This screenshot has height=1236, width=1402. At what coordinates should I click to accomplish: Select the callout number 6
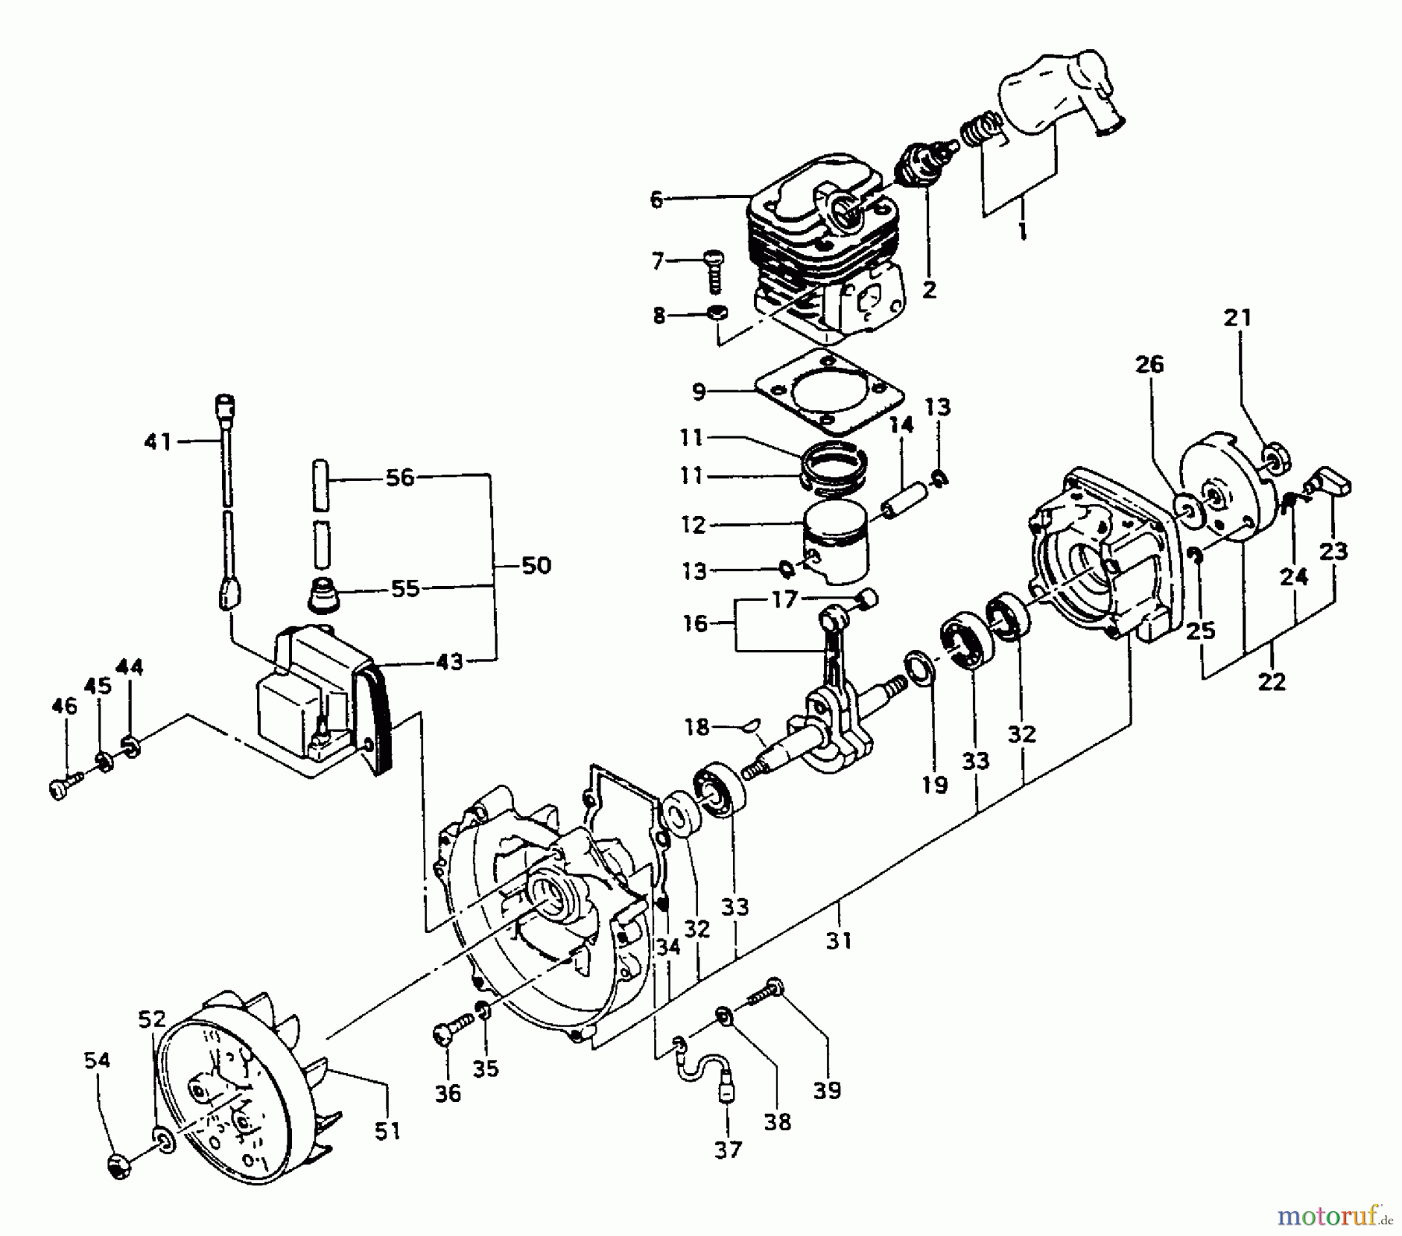pos(657,200)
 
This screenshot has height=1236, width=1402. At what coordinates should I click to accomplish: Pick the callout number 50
pos(536,565)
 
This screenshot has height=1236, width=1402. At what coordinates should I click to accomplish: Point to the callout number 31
pos(839,941)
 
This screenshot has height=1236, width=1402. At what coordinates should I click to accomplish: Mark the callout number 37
pos(729,1149)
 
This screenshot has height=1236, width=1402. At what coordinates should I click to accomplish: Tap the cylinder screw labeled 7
pos(712,269)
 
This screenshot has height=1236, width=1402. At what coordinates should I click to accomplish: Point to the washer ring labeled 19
pos(921,671)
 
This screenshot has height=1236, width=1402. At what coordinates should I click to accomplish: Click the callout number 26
pos(1150,364)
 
